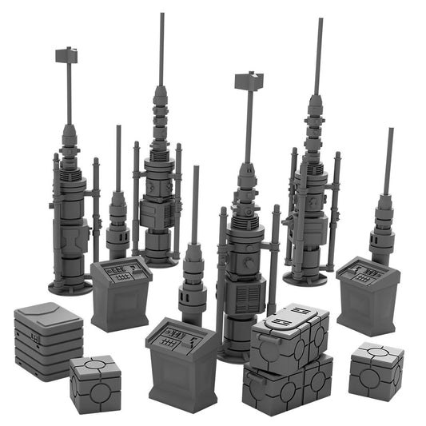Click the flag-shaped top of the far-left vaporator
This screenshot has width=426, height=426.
[66, 55]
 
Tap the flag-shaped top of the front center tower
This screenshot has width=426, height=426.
[249, 81]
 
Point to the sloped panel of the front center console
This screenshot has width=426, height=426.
[180, 333]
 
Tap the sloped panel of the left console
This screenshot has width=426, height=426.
[121, 271]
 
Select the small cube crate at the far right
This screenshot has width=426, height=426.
[376, 369]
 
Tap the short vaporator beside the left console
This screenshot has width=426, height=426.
[118, 224]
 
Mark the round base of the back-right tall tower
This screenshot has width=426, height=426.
[305, 277]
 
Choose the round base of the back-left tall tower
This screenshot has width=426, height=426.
[160, 259]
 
